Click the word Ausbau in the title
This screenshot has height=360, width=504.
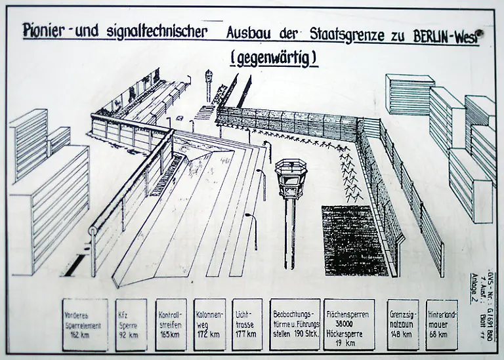click(255, 33)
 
